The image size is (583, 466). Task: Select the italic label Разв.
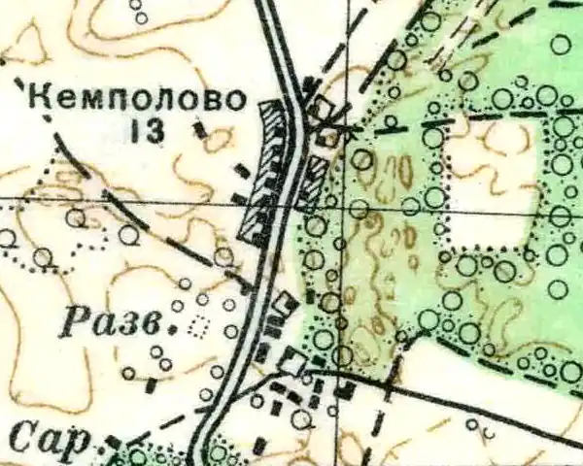click(117, 323)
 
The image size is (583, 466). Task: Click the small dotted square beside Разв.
click(200, 327)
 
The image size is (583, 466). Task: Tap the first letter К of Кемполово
click(40, 98)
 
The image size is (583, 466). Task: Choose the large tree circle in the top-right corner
click(561, 44)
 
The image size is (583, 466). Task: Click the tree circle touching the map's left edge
click(7, 237)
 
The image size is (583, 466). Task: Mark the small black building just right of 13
click(201, 128)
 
